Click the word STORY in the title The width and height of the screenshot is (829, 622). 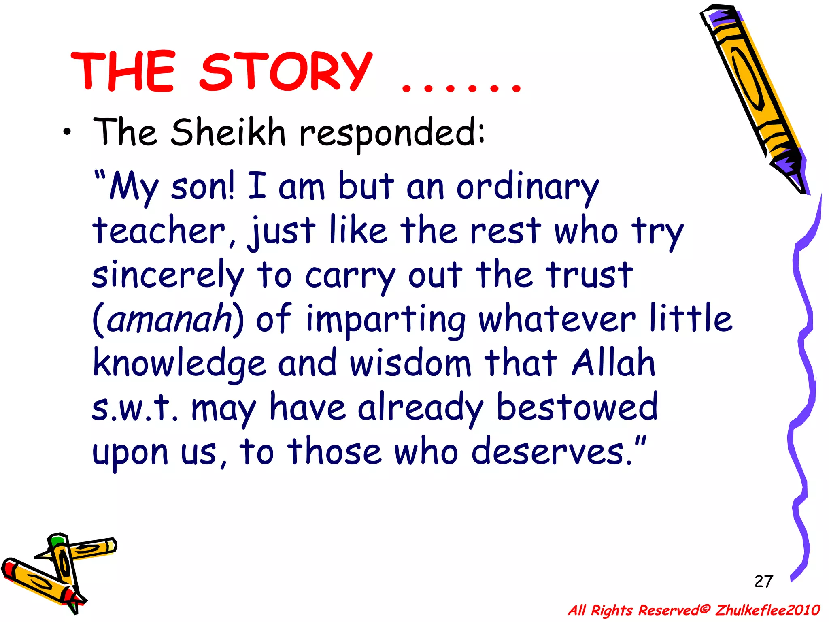click(286, 72)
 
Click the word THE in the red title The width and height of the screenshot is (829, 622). click(123, 72)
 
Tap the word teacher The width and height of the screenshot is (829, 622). click(159, 231)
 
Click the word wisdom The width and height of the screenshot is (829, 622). click(410, 362)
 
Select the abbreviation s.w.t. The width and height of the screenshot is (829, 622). click(135, 407)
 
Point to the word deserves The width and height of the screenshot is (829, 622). click(552, 452)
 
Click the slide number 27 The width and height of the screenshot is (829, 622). click(763, 582)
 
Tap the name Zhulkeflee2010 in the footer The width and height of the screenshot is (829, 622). click(767, 610)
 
